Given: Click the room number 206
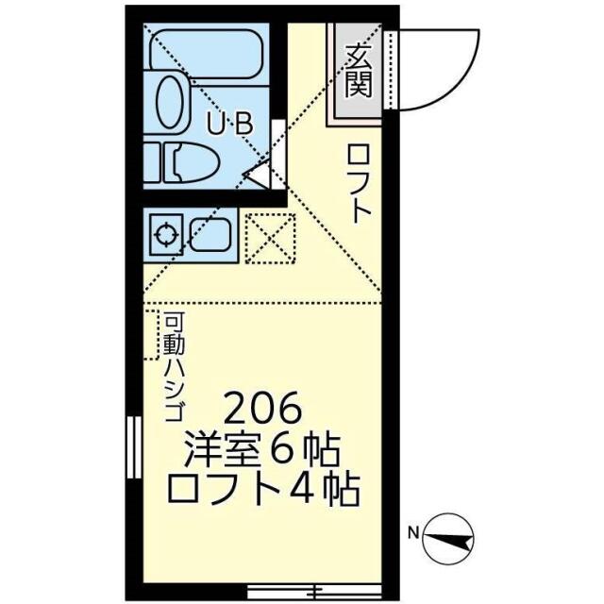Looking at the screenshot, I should coord(263,410).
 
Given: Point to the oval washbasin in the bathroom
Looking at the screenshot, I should coord(170,101).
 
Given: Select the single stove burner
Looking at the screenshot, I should coord(167,233).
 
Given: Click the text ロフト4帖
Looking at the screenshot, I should coord(263,490).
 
